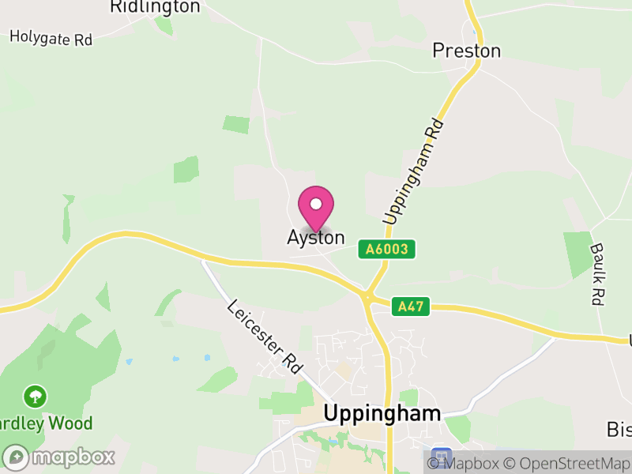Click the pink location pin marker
[316, 207]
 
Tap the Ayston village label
[316, 238]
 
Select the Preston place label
[466, 51]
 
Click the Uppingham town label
[382, 413]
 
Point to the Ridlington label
[155, 7]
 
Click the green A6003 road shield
[386, 249]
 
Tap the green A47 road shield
[411, 307]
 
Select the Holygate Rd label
[51, 38]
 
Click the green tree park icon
[35, 396]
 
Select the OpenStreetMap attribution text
[567, 464]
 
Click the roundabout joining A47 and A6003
[367, 297]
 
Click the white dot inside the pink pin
[316, 204]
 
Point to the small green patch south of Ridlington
[236, 125]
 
